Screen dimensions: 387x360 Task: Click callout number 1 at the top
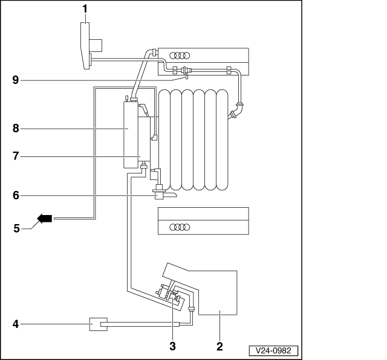click(x=85, y=9)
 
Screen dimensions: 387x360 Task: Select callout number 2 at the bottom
click(x=220, y=347)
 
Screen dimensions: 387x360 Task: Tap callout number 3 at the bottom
click(x=172, y=347)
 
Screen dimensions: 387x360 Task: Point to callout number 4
click(x=16, y=324)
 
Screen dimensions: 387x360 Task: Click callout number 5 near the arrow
click(x=16, y=228)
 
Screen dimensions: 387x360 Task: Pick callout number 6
click(x=16, y=196)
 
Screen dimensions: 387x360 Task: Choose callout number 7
click(x=16, y=156)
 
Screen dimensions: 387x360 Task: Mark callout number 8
click(x=16, y=129)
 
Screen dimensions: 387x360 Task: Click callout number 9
click(x=16, y=80)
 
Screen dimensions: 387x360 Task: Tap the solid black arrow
click(x=45, y=219)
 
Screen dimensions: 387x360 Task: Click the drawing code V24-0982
click(x=273, y=350)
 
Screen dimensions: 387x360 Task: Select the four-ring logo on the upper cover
click(x=180, y=56)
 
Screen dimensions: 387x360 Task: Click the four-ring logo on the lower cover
click(x=180, y=227)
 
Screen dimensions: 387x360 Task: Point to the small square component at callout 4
click(x=98, y=324)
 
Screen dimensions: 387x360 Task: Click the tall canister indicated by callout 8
click(x=131, y=134)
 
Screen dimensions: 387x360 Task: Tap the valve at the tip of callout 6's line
click(x=159, y=192)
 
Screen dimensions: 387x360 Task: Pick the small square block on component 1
click(x=96, y=46)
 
